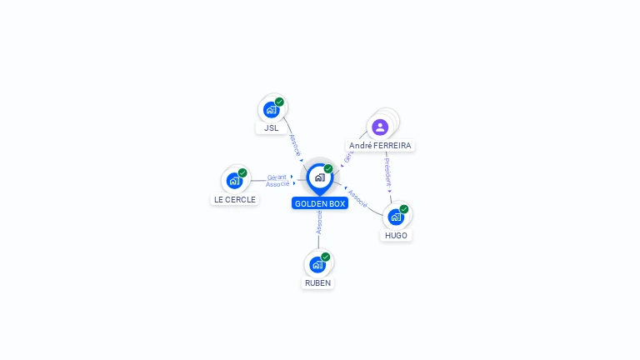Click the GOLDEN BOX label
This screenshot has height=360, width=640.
click(x=320, y=203)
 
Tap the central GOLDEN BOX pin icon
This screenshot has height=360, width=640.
click(x=319, y=177)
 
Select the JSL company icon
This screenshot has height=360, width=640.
click(x=271, y=109)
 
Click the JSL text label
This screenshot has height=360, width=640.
click(x=272, y=128)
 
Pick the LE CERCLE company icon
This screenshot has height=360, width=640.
click(x=234, y=180)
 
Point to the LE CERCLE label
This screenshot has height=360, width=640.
click(x=235, y=200)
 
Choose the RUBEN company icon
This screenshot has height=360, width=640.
click(x=317, y=264)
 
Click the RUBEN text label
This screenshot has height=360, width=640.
click(x=317, y=283)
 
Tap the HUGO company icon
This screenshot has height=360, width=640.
click(x=396, y=217)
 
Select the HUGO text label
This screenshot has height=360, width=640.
click(x=397, y=236)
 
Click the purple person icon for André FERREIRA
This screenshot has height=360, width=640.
click(x=380, y=127)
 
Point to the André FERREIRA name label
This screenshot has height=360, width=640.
click(x=380, y=146)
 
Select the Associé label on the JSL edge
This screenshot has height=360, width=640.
click(x=294, y=144)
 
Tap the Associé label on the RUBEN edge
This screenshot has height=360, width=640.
click(x=319, y=222)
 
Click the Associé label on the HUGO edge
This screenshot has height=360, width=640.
click(x=357, y=197)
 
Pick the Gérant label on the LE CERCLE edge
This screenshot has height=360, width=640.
click(x=277, y=177)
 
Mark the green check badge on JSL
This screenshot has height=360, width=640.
click(x=279, y=102)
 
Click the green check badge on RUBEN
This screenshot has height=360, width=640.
click(x=326, y=257)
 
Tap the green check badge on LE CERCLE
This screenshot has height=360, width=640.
click(x=242, y=172)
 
